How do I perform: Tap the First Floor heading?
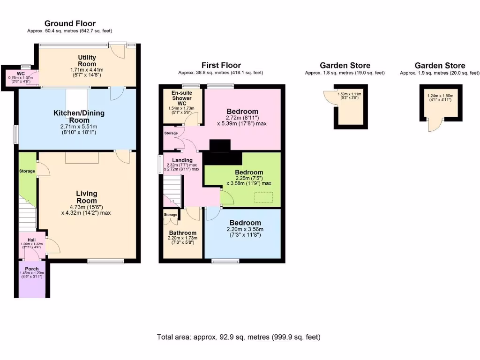pyautogui.click(x=221, y=65)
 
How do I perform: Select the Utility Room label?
pyautogui.click(x=87, y=60)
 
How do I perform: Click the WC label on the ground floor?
pyautogui.click(x=21, y=74)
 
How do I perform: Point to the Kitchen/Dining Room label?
pyautogui.click(x=79, y=117)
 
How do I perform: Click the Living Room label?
pyautogui.click(x=87, y=197)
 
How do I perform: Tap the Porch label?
pyautogui.click(x=31, y=269)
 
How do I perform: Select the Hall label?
pyautogui.click(x=31, y=240)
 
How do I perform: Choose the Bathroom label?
pyautogui.click(x=183, y=232)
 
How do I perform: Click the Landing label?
pyautogui.click(x=182, y=160)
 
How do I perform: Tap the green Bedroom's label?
pyautogui.click(x=249, y=172)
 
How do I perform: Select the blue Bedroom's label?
pyautogui.click(x=245, y=223)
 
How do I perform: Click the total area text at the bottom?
pyautogui.click(x=239, y=337)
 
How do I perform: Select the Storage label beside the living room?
pyautogui.click(x=27, y=171)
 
